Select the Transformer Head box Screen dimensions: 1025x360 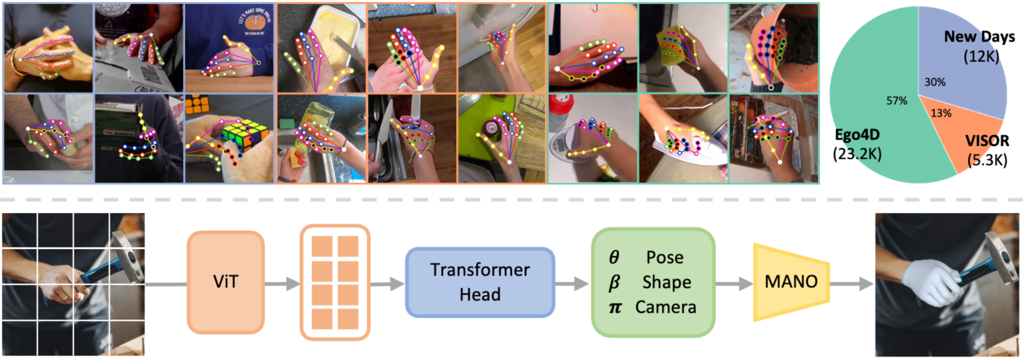tap(480, 282)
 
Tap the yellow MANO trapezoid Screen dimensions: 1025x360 tap(791, 282)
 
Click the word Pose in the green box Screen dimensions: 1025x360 tap(665, 258)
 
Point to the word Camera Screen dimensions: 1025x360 tap(666, 307)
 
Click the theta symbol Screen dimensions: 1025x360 tap(614, 258)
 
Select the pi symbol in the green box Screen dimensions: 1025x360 tap(614, 307)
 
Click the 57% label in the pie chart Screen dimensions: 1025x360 tap(897, 101)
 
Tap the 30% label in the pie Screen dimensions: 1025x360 tap(935, 83)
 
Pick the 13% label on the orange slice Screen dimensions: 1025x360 tap(941, 113)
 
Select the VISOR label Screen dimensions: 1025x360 tap(987, 141)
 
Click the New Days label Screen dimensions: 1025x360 tap(980, 37)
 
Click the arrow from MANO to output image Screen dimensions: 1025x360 tap(852, 284)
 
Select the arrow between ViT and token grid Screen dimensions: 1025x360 tap(282, 284)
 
